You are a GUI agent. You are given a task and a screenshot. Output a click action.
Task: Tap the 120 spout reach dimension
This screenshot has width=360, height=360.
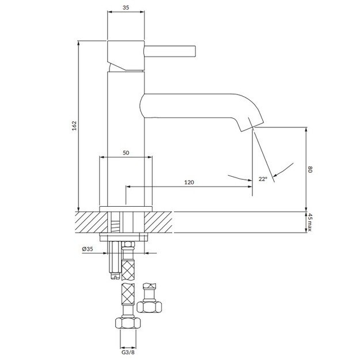pos(188,182)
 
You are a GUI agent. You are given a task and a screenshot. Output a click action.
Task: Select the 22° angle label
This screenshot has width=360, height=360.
pos(263,179)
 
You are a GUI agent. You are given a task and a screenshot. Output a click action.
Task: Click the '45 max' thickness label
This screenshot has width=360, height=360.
pos(309,222)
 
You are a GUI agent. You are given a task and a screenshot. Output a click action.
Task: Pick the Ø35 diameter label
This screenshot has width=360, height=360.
pos(88,249)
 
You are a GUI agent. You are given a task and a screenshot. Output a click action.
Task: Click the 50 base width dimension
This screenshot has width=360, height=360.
pos(126,153)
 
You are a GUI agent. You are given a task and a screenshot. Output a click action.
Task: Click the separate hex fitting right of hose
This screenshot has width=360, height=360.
pos(150,300)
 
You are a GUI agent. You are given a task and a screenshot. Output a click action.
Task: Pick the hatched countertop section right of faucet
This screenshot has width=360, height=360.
pos(161,222)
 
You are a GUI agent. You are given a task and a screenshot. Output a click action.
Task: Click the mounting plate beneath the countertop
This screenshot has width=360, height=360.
pos(126,236)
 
